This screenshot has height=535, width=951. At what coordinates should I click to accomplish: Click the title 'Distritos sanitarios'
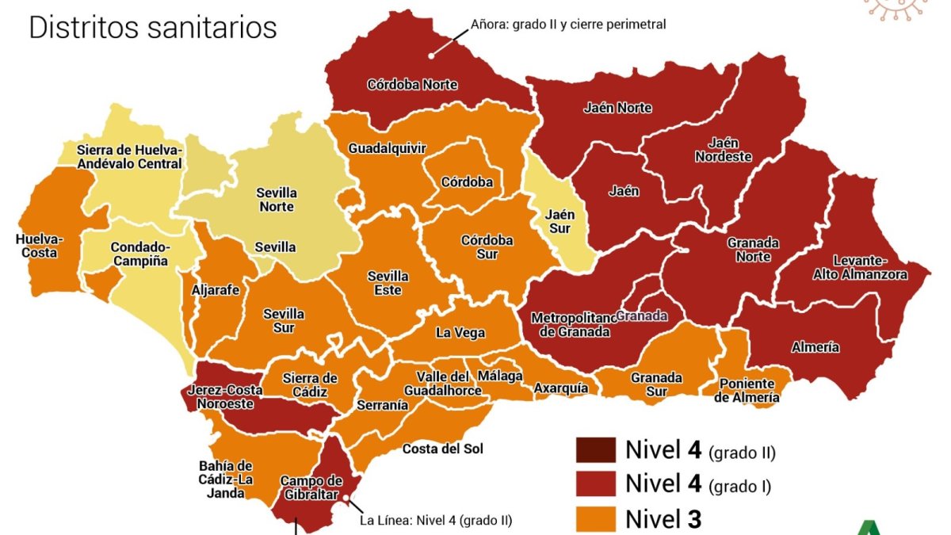coord(153,28)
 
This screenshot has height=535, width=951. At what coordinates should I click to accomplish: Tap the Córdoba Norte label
coord(412,85)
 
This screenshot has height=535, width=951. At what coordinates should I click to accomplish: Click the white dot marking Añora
coord(432,55)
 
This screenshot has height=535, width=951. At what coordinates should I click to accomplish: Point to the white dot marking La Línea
coord(346,498)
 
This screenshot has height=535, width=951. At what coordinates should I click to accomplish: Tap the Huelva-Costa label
coord(39,246)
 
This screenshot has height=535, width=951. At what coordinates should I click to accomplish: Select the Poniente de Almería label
coord(747,391)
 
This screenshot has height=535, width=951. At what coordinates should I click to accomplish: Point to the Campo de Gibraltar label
coord(311,487)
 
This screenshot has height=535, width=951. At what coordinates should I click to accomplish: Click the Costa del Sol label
coord(442,449)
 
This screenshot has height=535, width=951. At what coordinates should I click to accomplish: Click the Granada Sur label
coord(656,385)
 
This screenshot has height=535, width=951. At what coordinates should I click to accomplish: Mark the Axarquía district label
coord(561,388)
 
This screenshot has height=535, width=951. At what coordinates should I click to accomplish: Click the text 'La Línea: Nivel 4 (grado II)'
coord(436,521)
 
